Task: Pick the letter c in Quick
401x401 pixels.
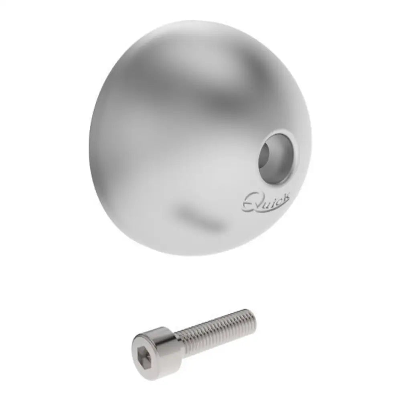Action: pyautogui.click(x=277, y=199)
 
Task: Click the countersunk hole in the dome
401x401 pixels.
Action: pyautogui.click(x=277, y=157)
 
